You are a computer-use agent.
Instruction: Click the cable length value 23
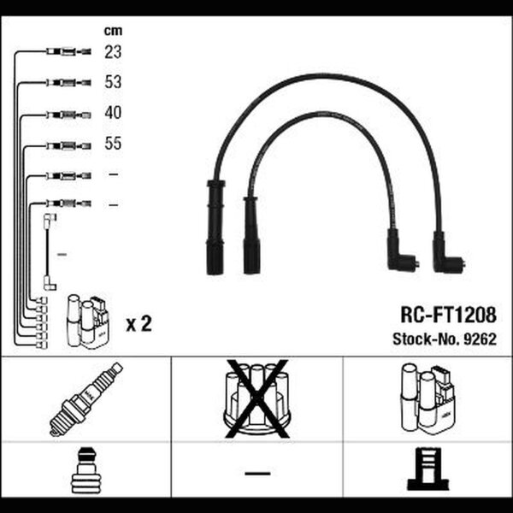pos(113,51)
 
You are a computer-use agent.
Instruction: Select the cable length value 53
pos(113,82)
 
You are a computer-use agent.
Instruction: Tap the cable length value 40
pos(113,113)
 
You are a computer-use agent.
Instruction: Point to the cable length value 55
pos(113,144)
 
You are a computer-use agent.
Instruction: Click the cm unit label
pos(113,31)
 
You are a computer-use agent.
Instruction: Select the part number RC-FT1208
pos(448,315)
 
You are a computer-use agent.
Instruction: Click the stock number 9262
pos(481,339)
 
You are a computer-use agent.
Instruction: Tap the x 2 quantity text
pos(139,324)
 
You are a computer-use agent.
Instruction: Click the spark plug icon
pos(86,399)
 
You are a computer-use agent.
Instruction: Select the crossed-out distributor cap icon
pos(257,398)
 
